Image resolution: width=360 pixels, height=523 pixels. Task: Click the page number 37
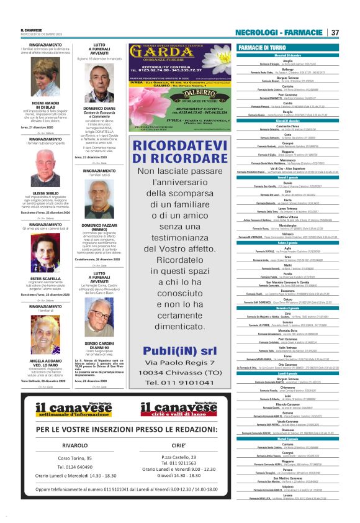pyautogui.click(x=335, y=32)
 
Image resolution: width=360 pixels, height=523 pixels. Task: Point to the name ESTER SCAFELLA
pyautogui.click(x=45, y=278)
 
